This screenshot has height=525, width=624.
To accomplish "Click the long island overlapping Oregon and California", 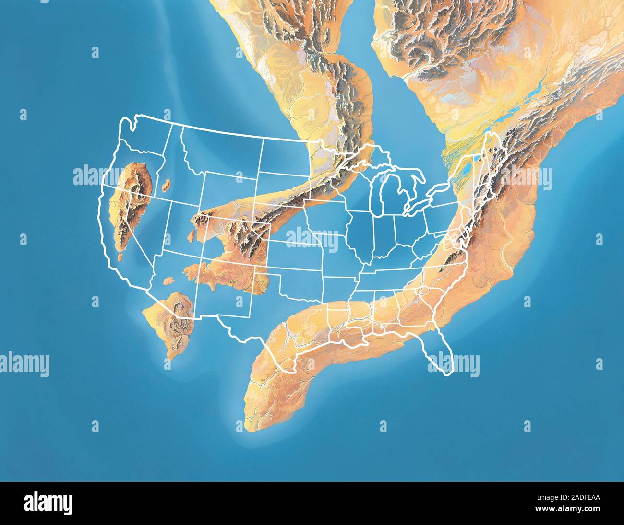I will click(x=130, y=201).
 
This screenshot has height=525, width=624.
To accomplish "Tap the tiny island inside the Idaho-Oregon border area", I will click(x=167, y=184).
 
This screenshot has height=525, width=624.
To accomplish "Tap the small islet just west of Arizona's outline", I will click(x=168, y=281).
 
